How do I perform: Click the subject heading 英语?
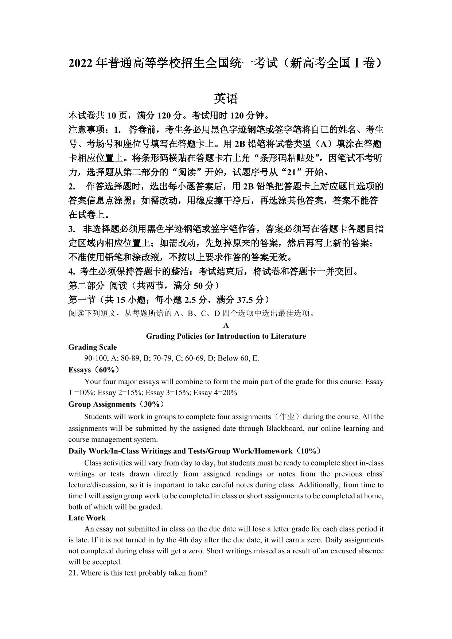coord(226,98)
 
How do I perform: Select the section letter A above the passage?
coord(226,325)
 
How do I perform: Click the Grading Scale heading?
coord(93,347)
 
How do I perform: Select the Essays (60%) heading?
coord(94,370)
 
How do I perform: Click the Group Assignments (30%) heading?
coord(116,404)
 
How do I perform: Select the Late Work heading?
coord(87,518)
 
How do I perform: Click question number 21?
coord(73,573)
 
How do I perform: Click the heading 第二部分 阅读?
coord(98,285)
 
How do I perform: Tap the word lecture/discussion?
coord(95,485)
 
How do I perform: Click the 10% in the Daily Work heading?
coord(308,451)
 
